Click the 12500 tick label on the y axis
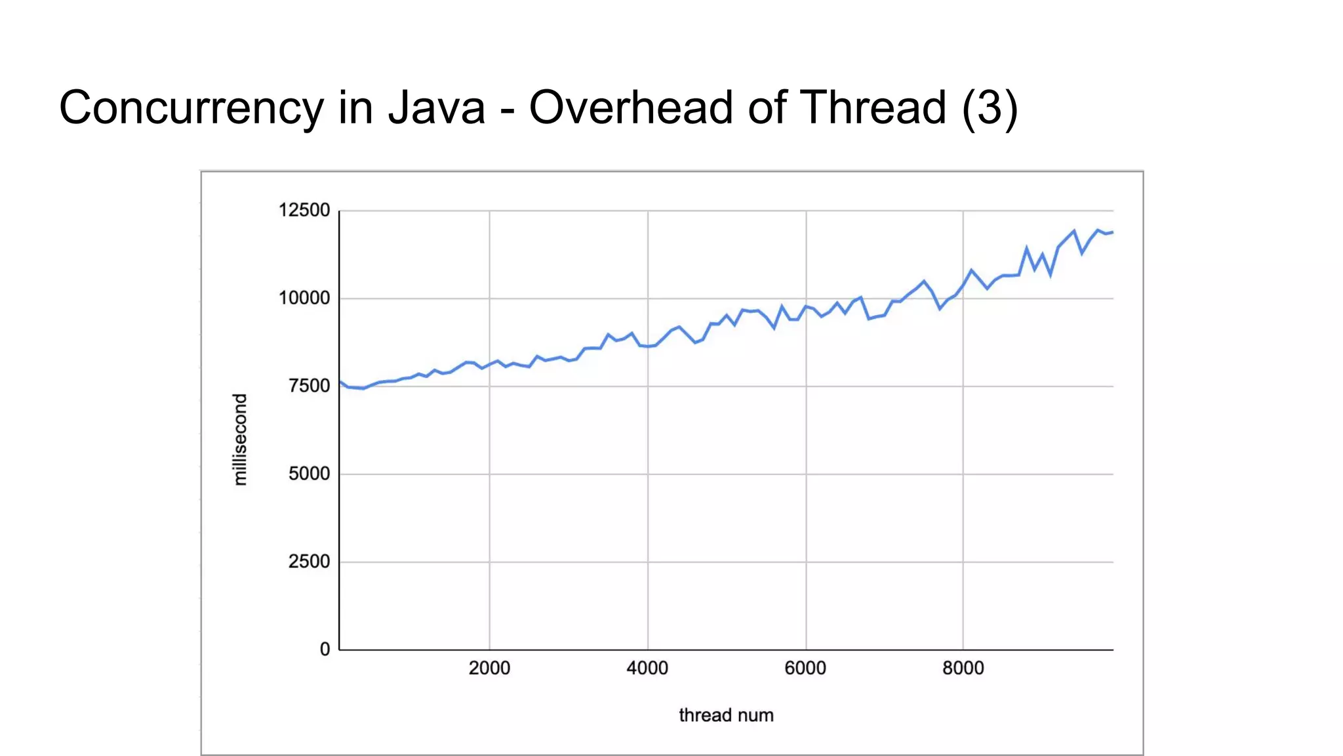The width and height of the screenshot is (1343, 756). [304, 211]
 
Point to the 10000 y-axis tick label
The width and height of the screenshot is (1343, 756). [304, 299]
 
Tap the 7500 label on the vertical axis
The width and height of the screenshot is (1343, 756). [309, 387]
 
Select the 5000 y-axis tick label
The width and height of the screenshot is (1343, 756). [309, 474]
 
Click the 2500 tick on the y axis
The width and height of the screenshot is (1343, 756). [309, 562]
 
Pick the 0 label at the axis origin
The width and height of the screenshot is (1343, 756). [325, 650]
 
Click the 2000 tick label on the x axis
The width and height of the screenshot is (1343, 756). [489, 669]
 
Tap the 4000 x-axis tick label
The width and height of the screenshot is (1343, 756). [647, 669]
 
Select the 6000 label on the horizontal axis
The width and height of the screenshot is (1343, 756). [805, 669]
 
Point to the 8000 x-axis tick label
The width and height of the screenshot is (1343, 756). [963, 669]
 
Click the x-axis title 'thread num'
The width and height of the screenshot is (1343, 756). [726, 715]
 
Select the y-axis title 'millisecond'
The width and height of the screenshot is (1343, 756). [241, 440]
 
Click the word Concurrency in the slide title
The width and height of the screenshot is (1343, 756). [191, 108]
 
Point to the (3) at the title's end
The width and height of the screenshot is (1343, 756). [990, 108]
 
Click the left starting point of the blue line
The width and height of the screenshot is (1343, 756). [340, 381]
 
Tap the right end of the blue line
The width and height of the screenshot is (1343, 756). [1112, 232]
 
